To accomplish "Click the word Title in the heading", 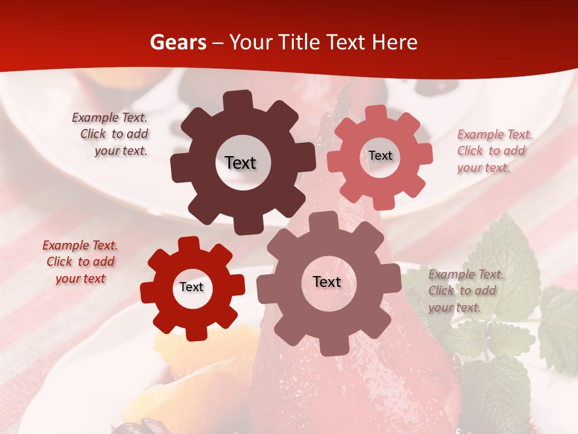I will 299,42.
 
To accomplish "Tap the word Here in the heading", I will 394,42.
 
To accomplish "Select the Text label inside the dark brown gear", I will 240,163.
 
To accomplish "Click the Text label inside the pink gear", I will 380,156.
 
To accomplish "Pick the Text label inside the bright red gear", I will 191,287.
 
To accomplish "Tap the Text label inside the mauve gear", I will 327,281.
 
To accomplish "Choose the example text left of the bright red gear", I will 80,262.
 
